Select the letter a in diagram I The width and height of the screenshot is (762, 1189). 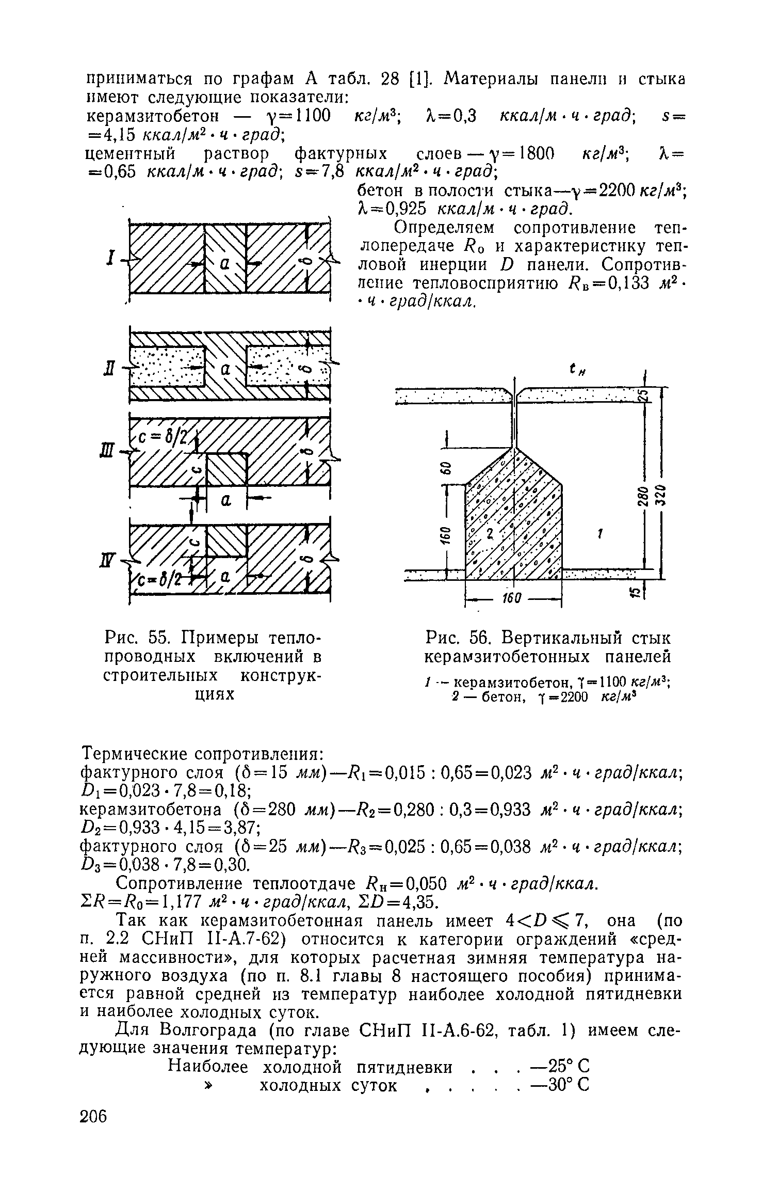point(224,263)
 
